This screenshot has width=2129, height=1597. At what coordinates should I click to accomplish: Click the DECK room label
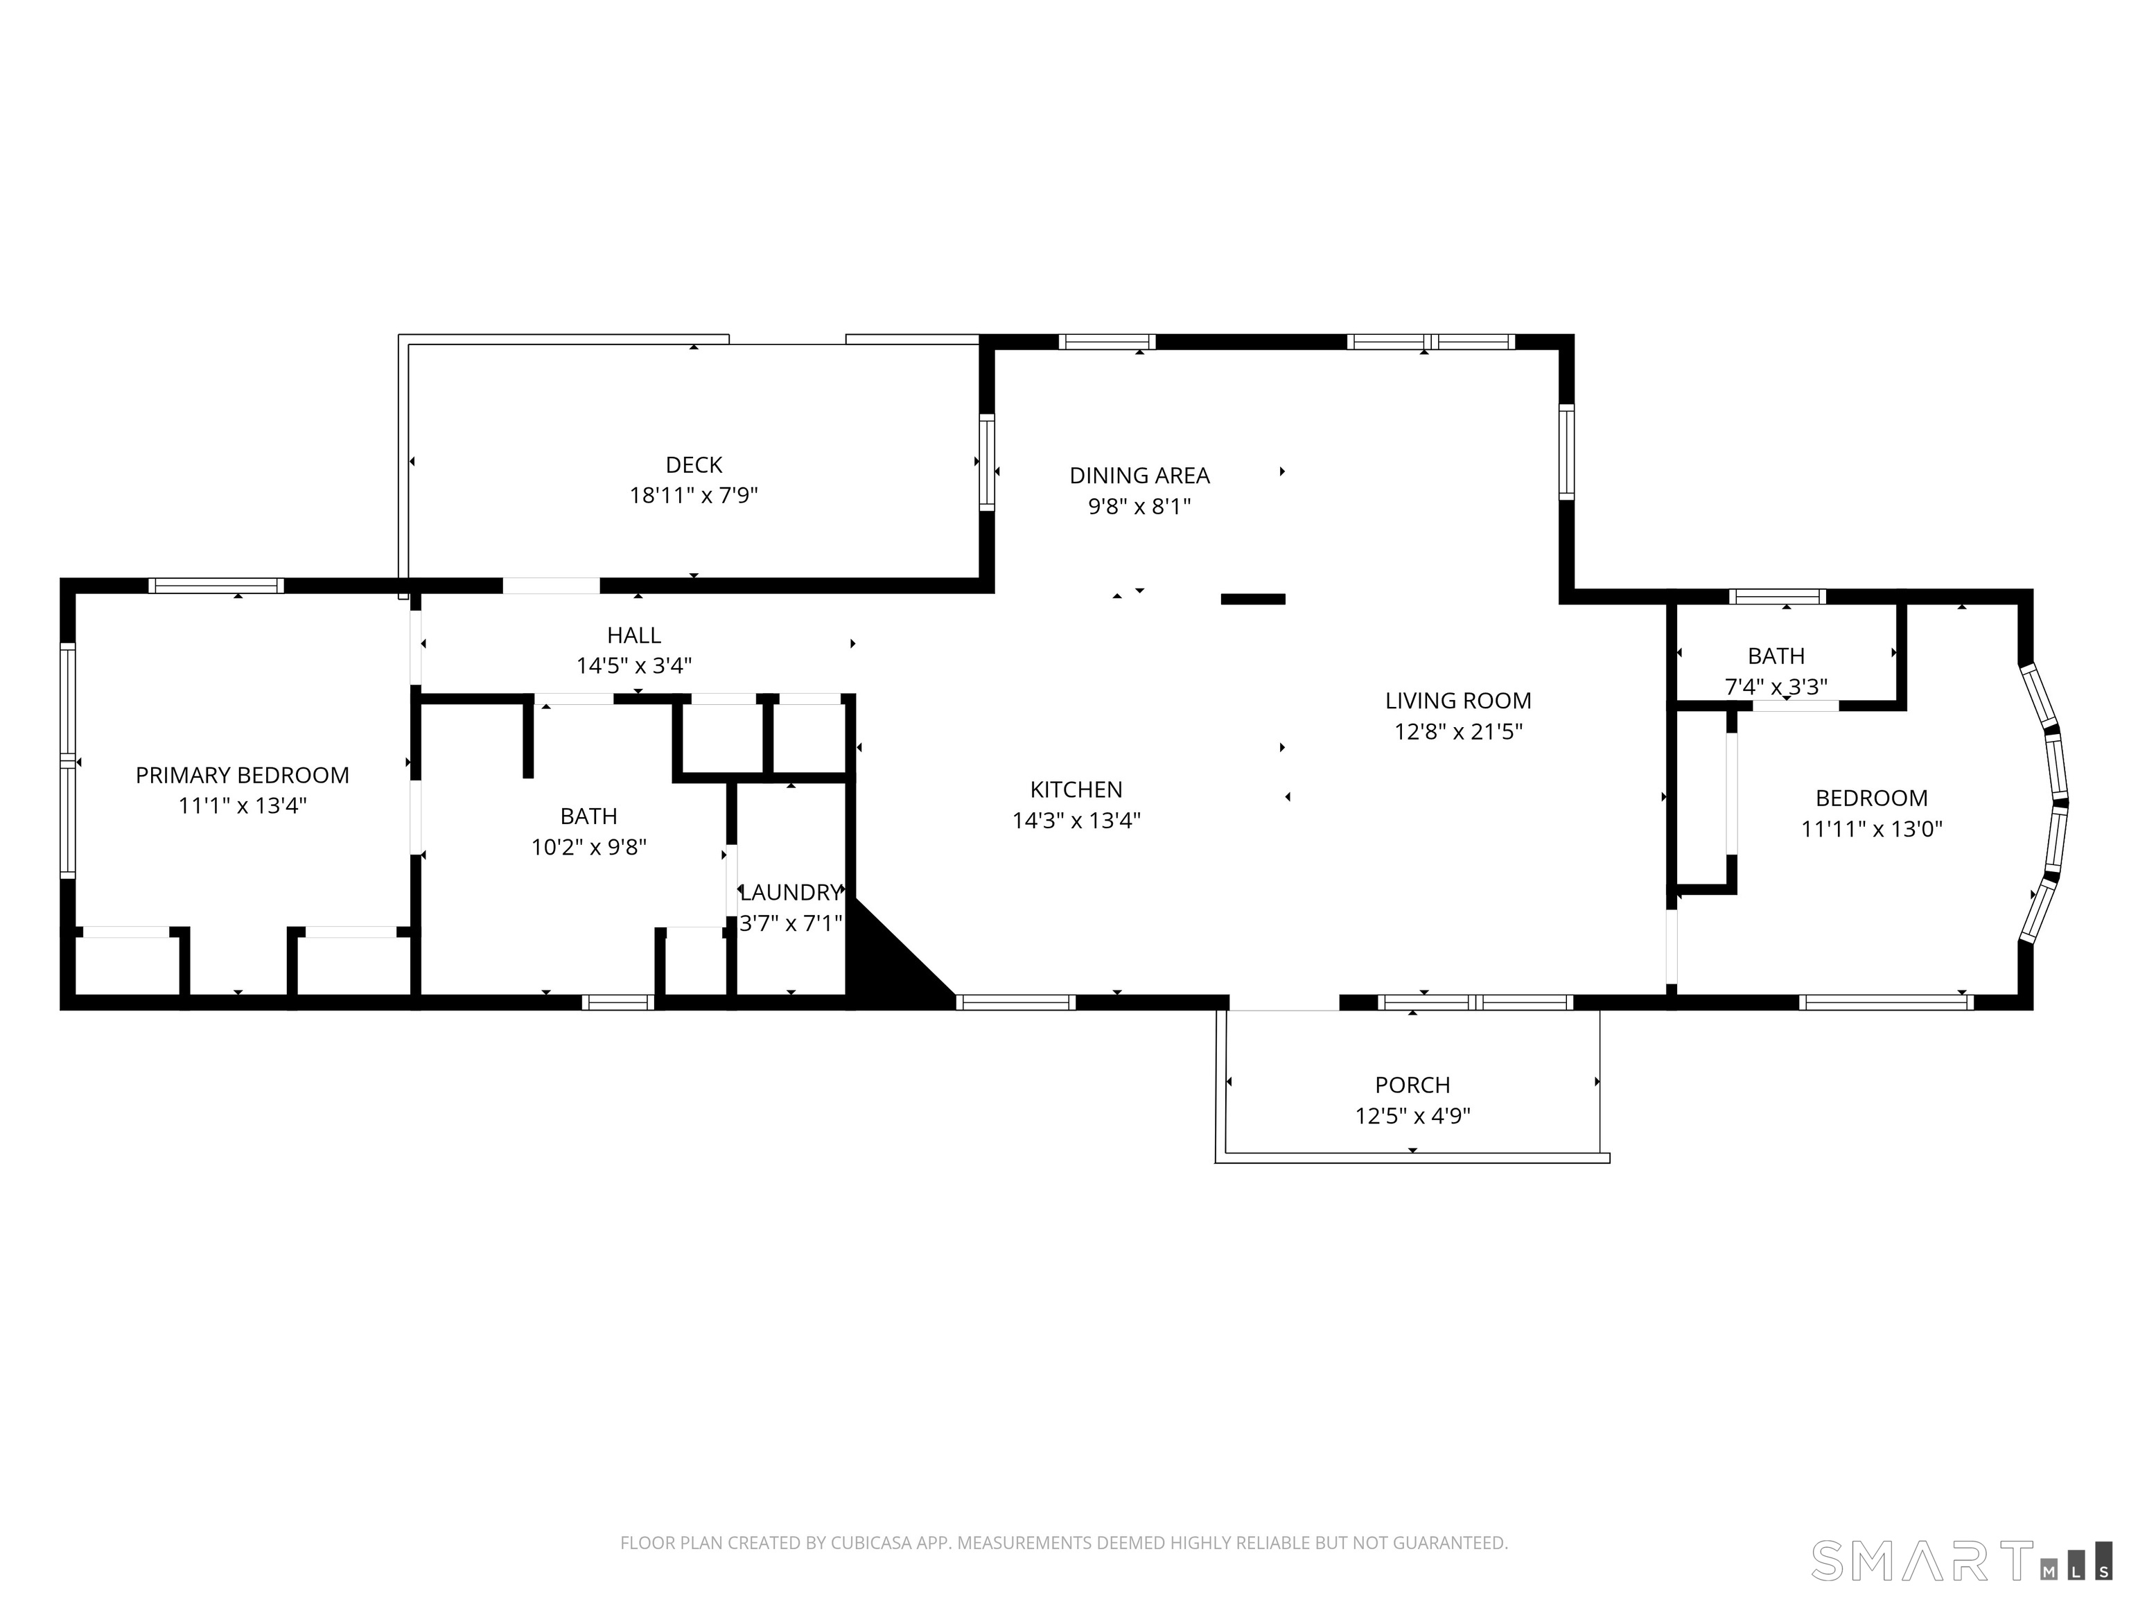point(693,465)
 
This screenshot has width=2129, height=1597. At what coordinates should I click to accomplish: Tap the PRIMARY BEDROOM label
point(242,775)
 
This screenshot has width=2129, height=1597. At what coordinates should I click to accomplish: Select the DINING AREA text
point(1139,475)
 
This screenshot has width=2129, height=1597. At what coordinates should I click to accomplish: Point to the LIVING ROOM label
point(1458,701)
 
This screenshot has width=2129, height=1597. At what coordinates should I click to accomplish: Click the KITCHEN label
point(1076,789)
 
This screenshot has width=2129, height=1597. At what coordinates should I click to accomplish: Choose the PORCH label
point(1412,1085)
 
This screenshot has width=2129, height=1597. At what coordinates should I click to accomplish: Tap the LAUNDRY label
point(790,892)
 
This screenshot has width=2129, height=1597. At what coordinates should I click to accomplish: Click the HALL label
point(633,636)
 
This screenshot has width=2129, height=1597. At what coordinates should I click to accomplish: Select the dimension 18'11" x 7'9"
point(693,496)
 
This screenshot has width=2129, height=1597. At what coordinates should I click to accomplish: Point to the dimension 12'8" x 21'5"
point(1458,731)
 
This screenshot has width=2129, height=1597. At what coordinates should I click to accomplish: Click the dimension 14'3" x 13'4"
point(1076,820)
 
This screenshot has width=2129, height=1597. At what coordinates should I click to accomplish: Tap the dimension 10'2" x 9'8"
point(588,847)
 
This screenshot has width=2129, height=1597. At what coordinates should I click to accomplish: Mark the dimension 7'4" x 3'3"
point(1776,686)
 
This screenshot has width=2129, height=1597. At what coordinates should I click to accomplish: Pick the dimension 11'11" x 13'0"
point(1871,829)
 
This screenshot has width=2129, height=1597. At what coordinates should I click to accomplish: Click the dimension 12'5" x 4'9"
point(1412,1116)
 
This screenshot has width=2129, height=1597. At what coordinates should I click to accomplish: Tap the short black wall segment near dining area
point(1252,599)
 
